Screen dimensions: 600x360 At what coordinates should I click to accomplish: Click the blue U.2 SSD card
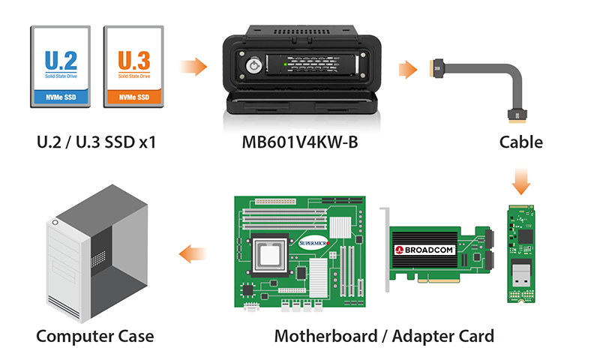(x=61, y=67)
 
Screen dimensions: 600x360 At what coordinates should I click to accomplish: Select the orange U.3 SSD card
(x=133, y=67)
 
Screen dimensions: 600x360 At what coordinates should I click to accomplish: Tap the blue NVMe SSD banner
(x=61, y=97)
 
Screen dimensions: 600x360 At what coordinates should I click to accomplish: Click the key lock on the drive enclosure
(x=253, y=65)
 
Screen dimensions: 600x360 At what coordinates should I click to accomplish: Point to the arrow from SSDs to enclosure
(x=193, y=67)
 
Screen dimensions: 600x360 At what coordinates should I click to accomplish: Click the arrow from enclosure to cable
(x=408, y=70)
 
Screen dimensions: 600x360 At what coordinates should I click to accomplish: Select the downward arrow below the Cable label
(x=520, y=181)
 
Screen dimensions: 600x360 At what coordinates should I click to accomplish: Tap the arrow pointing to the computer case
(x=193, y=253)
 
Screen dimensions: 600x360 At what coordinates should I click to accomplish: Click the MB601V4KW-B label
(x=300, y=142)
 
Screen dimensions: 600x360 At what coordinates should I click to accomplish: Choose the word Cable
(x=520, y=142)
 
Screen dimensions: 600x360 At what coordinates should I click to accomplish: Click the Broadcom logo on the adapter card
(x=424, y=250)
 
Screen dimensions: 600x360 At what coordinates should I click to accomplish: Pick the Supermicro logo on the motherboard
(x=313, y=243)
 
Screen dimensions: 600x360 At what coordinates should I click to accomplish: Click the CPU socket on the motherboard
(x=269, y=254)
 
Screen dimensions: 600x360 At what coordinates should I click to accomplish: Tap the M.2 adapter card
(x=520, y=253)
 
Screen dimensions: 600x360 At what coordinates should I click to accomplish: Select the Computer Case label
(x=95, y=336)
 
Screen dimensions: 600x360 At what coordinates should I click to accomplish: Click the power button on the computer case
(x=55, y=222)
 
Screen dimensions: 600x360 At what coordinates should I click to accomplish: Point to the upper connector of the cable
(x=437, y=68)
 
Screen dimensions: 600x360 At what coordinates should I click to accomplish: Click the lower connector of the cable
(x=517, y=116)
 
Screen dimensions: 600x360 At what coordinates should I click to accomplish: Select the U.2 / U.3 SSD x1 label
(x=97, y=142)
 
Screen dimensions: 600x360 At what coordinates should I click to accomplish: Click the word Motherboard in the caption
(x=326, y=336)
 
